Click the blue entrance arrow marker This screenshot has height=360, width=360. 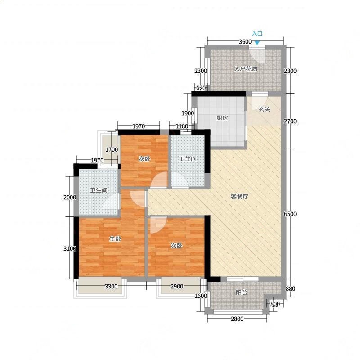tap(257, 43)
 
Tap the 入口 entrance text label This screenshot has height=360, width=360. tap(257, 34)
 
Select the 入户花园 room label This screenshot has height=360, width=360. tap(245, 69)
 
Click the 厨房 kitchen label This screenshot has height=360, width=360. tap(222, 118)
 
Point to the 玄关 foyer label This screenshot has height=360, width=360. tap(264, 109)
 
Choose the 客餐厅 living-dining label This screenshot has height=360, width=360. tap(239, 197)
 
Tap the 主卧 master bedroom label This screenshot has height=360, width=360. tap(115, 239)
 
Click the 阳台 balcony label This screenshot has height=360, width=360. tap(242, 292)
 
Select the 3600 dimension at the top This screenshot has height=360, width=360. tap(245, 42)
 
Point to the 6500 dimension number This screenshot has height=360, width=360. tap(290, 214)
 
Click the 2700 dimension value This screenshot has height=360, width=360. tap(290, 121)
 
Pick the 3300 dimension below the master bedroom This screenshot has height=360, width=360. tap(111, 286)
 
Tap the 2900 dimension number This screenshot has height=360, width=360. tap(177, 286)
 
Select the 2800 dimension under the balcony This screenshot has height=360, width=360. tap(237, 319)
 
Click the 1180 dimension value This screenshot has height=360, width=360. tap(182, 126)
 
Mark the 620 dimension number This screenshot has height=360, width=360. tap(201, 88)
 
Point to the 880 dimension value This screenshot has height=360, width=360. tap(290, 288)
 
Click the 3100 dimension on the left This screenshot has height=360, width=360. tap(70, 248)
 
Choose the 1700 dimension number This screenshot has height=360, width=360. tap(112, 150)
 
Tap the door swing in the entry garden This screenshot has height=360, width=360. tap(257, 56)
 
